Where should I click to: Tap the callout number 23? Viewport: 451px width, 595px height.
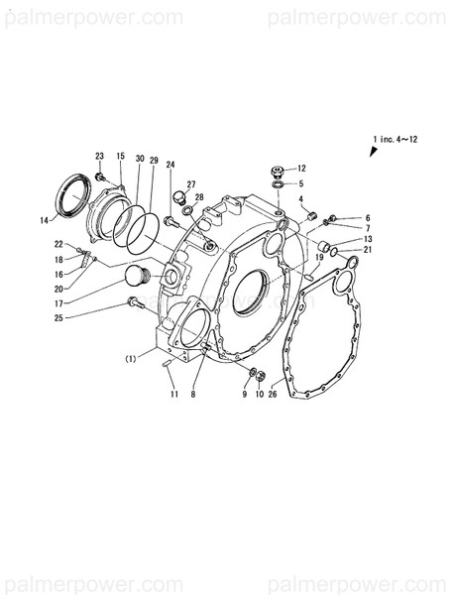pyautogui.click(x=100, y=157)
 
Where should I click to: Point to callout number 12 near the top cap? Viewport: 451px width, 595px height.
pyautogui.click(x=301, y=168)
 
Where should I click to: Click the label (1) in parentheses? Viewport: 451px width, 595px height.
pyautogui.click(x=131, y=357)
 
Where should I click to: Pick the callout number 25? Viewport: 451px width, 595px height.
pyautogui.click(x=58, y=317)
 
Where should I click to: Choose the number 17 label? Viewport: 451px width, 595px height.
pyautogui.click(x=58, y=303)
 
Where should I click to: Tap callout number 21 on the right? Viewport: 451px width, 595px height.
pyautogui.click(x=367, y=250)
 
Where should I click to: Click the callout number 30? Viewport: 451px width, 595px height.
pyautogui.click(x=140, y=159)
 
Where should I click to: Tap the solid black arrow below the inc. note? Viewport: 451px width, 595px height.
pyautogui.click(x=375, y=151)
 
